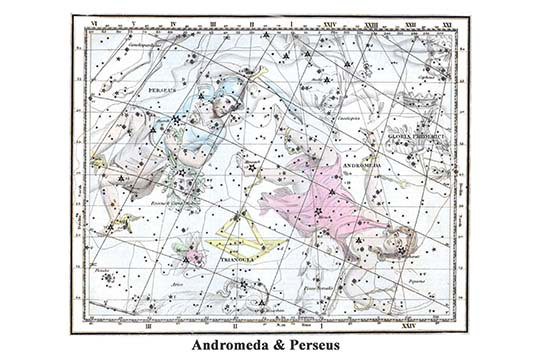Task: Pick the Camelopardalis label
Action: point(140,46)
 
